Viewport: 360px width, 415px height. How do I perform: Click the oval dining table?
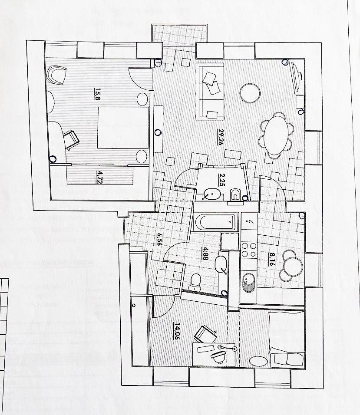(276, 134)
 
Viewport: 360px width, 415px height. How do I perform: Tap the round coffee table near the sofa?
(251, 93)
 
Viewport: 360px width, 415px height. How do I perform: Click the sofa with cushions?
(210, 92)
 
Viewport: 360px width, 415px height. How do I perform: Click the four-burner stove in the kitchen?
(249, 250)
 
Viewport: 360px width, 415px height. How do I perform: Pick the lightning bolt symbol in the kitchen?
(249, 222)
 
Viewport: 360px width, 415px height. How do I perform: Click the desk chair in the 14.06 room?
(204, 334)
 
